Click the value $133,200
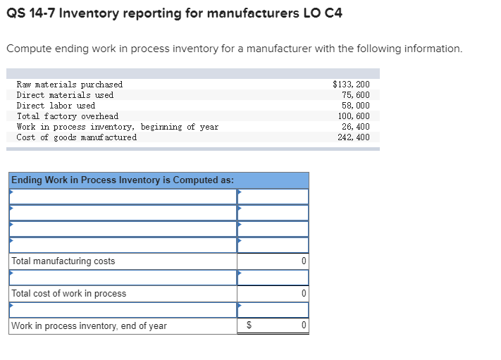351,85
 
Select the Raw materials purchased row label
69,85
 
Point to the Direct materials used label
65,95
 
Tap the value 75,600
356,95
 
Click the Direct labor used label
56,106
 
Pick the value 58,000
356,106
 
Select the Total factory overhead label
68,116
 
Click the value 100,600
354,116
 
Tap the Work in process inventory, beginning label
117,127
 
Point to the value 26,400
356,127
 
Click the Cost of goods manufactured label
77,137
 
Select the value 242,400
354,137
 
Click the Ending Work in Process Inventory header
123,180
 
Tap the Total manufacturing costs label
63,261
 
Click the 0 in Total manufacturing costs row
303,261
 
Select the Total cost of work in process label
69,294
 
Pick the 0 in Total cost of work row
303,294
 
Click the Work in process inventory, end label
89,326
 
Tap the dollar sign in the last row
248,326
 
